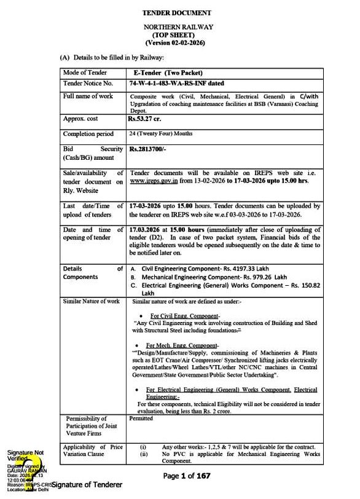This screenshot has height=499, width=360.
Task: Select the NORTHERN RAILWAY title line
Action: [x=178, y=28]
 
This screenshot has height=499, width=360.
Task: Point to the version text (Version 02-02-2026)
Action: [x=178, y=43]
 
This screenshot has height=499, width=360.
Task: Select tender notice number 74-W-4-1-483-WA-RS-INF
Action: [x=173, y=83]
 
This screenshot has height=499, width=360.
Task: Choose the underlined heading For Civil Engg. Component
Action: [x=182, y=316]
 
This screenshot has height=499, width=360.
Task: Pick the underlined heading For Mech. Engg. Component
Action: [x=182, y=345]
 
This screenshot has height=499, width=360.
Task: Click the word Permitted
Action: [x=141, y=418]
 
